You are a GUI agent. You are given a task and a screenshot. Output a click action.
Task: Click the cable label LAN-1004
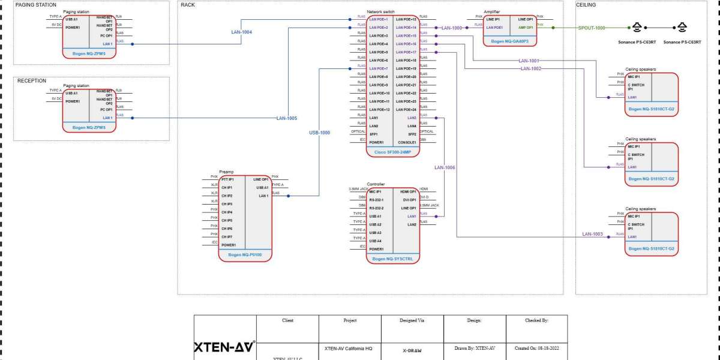241,32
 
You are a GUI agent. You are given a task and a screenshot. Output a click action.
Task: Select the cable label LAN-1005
286,118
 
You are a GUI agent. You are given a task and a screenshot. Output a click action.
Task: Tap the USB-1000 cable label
319,133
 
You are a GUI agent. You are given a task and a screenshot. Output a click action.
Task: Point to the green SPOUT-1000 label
592,28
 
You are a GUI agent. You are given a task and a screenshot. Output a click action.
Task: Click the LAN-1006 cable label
445,167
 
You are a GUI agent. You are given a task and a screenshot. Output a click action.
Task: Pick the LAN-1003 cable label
592,234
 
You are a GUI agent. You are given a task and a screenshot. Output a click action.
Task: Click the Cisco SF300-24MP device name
393,152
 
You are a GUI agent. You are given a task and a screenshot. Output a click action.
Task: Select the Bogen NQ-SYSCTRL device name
393,259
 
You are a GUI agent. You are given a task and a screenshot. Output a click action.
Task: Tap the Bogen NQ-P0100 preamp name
245,254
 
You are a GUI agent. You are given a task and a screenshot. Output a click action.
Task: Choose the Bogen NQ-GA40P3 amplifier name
509,42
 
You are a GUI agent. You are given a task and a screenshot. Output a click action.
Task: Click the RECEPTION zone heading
32,80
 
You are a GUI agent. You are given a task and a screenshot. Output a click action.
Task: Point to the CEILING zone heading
586,5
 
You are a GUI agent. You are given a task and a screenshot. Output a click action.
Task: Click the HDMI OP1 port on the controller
408,191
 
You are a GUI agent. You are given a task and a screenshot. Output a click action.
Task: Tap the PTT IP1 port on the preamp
227,179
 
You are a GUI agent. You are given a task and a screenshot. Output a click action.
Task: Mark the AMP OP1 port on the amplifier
525,27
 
